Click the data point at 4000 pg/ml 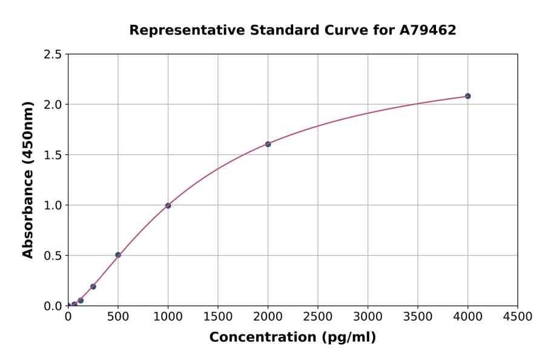click(467, 96)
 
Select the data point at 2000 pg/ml click(268, 144)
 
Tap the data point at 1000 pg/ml click(168, 205)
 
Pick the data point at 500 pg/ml click(118, 255)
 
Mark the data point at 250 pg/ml click(93, 286)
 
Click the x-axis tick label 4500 click(517, 316)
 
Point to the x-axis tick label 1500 click(218, 316)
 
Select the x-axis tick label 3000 click(368, 316)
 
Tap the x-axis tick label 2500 click(318, 316)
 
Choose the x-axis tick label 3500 click(418, 316)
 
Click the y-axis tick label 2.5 click(53, 55)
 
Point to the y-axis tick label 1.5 click(53, 155)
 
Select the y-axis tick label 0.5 click(53, 256)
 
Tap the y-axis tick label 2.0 click(53, 105)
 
